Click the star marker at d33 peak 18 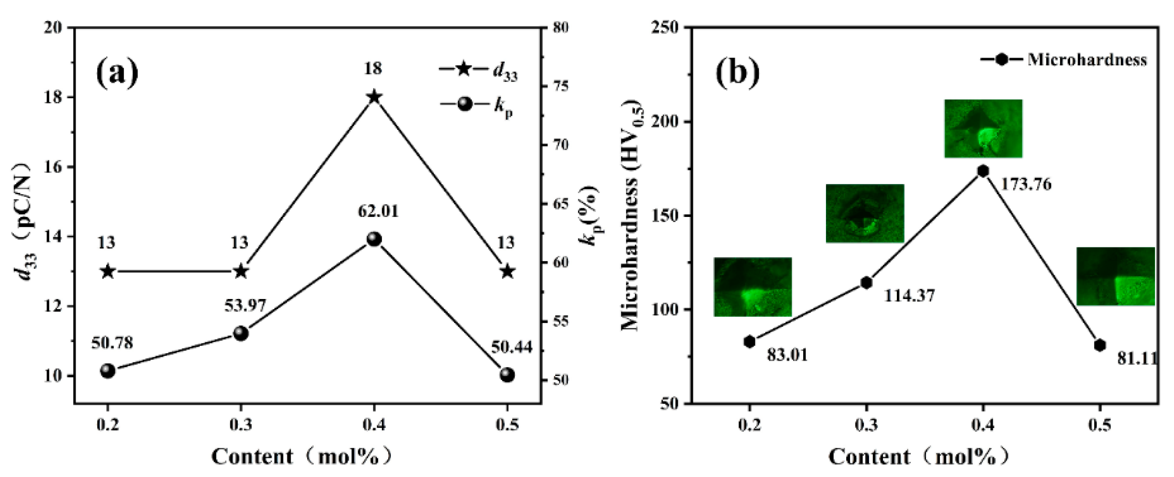(x=374, y=97)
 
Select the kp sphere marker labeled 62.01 (x=374, y=239)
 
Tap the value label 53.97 (x=245, y=306)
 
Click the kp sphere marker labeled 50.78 (x=108, y=371)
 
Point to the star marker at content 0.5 (x=508, y=271)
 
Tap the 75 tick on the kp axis (x=561, y=87)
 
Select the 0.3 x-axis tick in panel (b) (x=866, y=425)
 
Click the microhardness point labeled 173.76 (x=983, y=171)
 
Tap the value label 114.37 (x=909, y=296)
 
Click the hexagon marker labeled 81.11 (x=1100, y=345)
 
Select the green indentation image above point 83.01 (x=753, y=287)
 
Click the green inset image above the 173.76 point (x=983, y=128)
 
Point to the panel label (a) (x=117, y=73)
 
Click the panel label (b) (x=737, y=73)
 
